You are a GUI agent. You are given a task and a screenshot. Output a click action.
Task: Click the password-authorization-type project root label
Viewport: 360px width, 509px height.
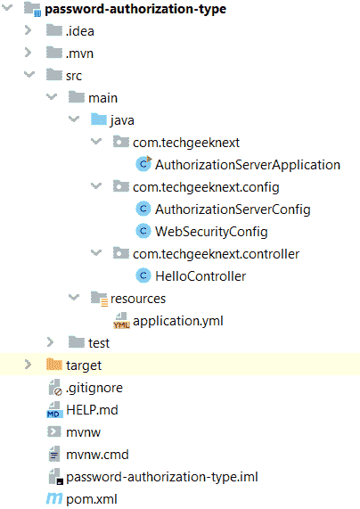point(135,9)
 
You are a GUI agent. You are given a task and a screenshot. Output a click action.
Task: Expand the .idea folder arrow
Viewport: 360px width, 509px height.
point(29,30)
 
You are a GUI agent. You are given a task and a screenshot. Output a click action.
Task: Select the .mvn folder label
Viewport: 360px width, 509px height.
point(79,53)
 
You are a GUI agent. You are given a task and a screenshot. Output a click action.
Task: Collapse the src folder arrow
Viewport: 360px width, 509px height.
point(29,75)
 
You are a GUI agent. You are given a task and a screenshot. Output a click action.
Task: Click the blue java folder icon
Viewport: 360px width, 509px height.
point(99,119)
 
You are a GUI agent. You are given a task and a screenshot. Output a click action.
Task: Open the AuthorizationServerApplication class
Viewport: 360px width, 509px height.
point(248,165)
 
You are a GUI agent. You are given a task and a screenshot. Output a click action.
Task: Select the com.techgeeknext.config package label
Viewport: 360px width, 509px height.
point(206,187)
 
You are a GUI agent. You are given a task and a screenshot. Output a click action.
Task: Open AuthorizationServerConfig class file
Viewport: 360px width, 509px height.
point(233,209)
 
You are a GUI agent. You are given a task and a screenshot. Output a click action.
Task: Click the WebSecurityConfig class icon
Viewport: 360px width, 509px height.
point(143,231)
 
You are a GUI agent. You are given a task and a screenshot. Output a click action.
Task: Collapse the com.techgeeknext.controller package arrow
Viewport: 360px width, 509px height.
point(96,252)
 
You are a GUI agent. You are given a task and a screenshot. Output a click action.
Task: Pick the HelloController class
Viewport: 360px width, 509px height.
point(200,276)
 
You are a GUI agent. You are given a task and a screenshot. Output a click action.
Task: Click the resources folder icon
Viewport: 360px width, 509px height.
point(99,299)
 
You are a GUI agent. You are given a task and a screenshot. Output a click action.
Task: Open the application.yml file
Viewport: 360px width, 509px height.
point(178,321)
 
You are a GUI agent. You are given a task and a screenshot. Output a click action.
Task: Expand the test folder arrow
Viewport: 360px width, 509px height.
point(50,342)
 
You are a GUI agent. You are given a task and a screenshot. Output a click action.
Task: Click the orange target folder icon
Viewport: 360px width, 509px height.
point(53,365)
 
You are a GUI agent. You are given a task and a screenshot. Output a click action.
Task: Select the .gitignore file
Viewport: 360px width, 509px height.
point(94,388)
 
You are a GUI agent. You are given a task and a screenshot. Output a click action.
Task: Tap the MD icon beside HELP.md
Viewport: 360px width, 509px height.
point(54,410)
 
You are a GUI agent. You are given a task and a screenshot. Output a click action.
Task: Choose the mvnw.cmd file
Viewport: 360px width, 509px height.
point(97,455)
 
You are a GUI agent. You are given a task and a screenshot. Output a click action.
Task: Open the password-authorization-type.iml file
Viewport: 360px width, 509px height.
point(162,477)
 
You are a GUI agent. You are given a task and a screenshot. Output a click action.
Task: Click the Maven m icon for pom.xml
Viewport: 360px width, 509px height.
point(54,499)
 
